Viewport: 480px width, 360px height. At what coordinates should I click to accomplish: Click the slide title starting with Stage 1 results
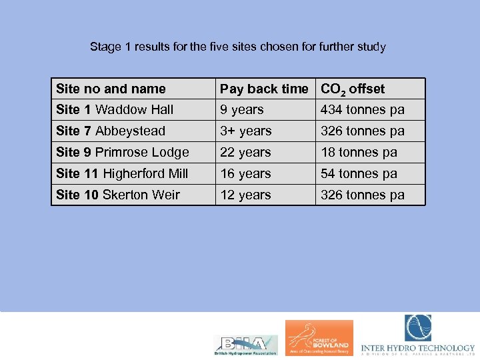pyautogui.click(x=237, y=47)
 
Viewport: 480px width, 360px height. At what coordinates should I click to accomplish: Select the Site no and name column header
pyautogui.click(x=111, y=89)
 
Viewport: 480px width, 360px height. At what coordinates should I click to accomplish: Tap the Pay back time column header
pyautogui.click(x=264, y=89)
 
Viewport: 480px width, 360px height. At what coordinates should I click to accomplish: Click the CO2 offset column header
pyautogui.click(x=353, y=89)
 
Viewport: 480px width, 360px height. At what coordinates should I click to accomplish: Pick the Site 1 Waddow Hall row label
pyautogui.click(x=115, y=109)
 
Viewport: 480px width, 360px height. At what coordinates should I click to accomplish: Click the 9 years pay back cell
pyautogui.click(x=242, y=109)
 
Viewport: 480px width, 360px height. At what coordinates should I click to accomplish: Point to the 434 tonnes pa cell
pyautogui.click(x=362, y=109)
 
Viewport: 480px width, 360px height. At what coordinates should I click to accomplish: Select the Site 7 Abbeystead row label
pyautogui.click(x=111, y=131)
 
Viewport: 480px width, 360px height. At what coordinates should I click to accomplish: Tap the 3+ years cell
pyautogui.click(x=245, y=131)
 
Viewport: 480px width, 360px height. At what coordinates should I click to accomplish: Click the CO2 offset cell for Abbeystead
pyautogui.click(x=362, y=131)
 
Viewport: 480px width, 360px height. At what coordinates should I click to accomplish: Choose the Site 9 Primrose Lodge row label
pyautogui.click(x=123, y=152)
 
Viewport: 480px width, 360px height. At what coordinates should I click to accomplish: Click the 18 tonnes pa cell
pyautogui.click(x=359, y=152)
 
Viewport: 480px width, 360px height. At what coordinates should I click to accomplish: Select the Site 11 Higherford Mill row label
pyautogui.click(x=122, y=173)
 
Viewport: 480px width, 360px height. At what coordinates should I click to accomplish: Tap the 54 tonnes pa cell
pyautogui.click(x=359, y=173)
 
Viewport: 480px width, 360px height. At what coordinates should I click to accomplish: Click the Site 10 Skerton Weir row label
pyautogui.click(x=118, y=195)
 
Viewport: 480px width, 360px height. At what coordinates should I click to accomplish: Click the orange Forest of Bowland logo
pyautogui.click(x=319, y=337)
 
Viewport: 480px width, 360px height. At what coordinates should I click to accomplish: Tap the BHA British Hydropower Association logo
pyautogui.click(x=245, y=344)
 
